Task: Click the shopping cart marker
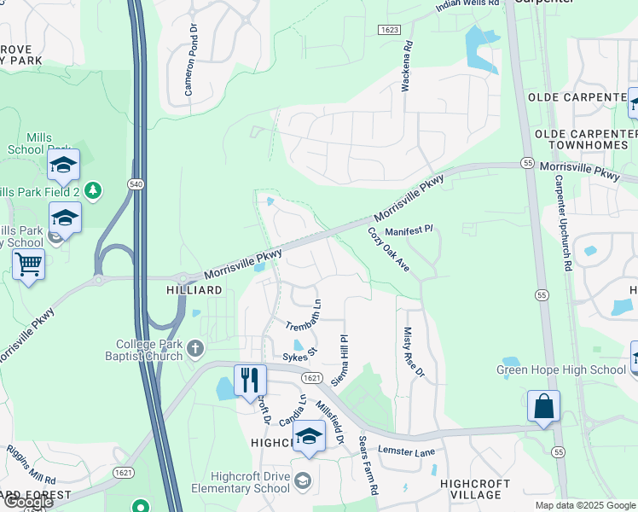pyautogui.click(x=29, y=265)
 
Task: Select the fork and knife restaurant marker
pyautogui.click(x=250, y=380)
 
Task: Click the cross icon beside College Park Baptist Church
pyautogui.click(x=196, y=347)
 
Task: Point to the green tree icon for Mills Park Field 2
pyautogui.click(x=94, y=189)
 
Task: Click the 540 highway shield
pyautogui.click(x=134, y=183)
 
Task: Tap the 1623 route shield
pyautogui.click(x=388, y=30)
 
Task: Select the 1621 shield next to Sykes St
pyautogui.click(x=310, y=377)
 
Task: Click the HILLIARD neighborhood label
pyautogui.click(x=194, y=290)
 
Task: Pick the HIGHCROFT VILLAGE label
pyautogui.click(x=476, y=489)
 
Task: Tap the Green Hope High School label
pyautogui.click(x=561, y=369)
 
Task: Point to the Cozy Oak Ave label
pyautogui.click(x=389, y=250)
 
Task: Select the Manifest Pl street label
pyautogui.click(x=409, y=230)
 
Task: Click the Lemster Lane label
pyautogui.click(x=407, y=451)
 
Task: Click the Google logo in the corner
pyautogui.click(x=27, y=502)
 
